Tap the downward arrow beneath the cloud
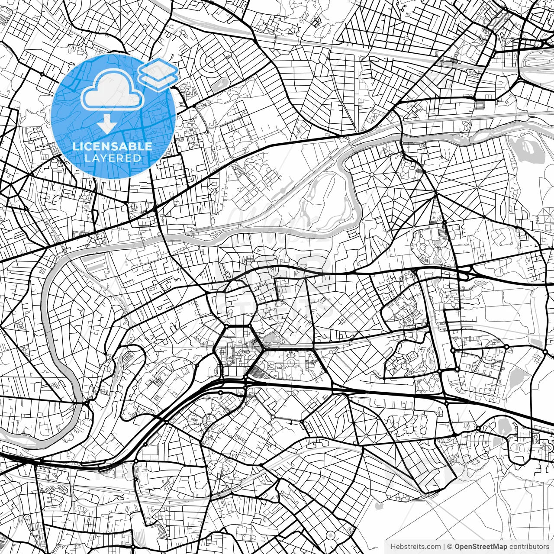[106, 125]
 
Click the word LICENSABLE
[113, 146]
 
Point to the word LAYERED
[113, 158]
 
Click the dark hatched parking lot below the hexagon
[259, 370]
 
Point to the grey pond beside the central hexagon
[271, 338]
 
